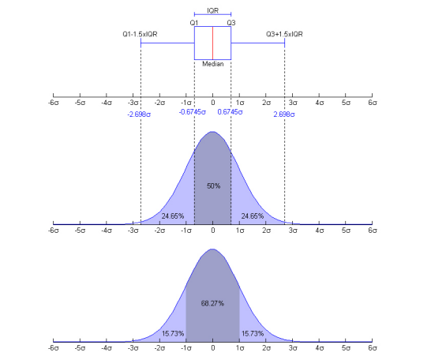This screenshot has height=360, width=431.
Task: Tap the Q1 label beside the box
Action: tap(193, 22)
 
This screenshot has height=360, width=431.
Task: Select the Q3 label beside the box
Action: tap(231, 22)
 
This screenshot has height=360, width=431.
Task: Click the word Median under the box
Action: tap(212, 64)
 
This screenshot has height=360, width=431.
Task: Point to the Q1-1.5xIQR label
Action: tap(139, 35)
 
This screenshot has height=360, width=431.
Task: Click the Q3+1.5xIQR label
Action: tap(284, 35)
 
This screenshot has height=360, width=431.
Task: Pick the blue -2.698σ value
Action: tap(139, 114)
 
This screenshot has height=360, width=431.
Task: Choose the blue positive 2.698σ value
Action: tap(284, 114)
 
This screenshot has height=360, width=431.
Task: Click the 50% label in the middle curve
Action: tap(213, 186)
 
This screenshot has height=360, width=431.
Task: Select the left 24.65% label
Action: tap(173, 215)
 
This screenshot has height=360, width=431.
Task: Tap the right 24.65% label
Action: tap(253, 215)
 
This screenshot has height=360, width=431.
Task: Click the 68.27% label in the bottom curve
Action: tap(213, 302)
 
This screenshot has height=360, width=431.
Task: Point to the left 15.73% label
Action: tap(173, 332)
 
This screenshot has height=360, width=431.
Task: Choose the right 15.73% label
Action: tap(253, 332)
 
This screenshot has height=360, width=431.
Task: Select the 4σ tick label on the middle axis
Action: tap(320, 231)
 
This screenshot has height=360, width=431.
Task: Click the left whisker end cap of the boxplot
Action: tap(141, 43)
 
